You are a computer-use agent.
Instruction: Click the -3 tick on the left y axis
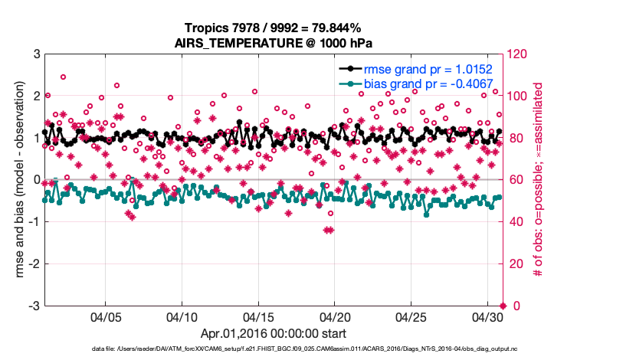point(34,306)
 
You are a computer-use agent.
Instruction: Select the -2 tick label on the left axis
point(34,264)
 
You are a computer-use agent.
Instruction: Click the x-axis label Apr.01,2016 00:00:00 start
point(274,333)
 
